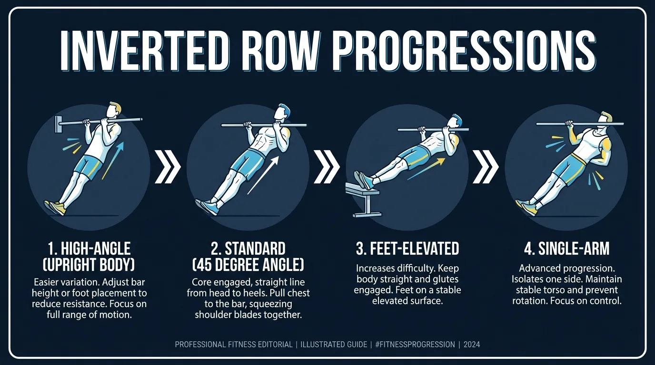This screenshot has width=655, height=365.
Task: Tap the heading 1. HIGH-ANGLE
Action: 89,249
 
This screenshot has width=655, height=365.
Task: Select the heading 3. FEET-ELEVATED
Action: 407,249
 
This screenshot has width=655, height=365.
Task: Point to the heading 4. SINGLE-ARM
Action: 566,249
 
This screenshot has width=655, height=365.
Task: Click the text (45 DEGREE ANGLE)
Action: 248,264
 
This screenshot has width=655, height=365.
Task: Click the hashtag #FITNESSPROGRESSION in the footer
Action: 414,345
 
